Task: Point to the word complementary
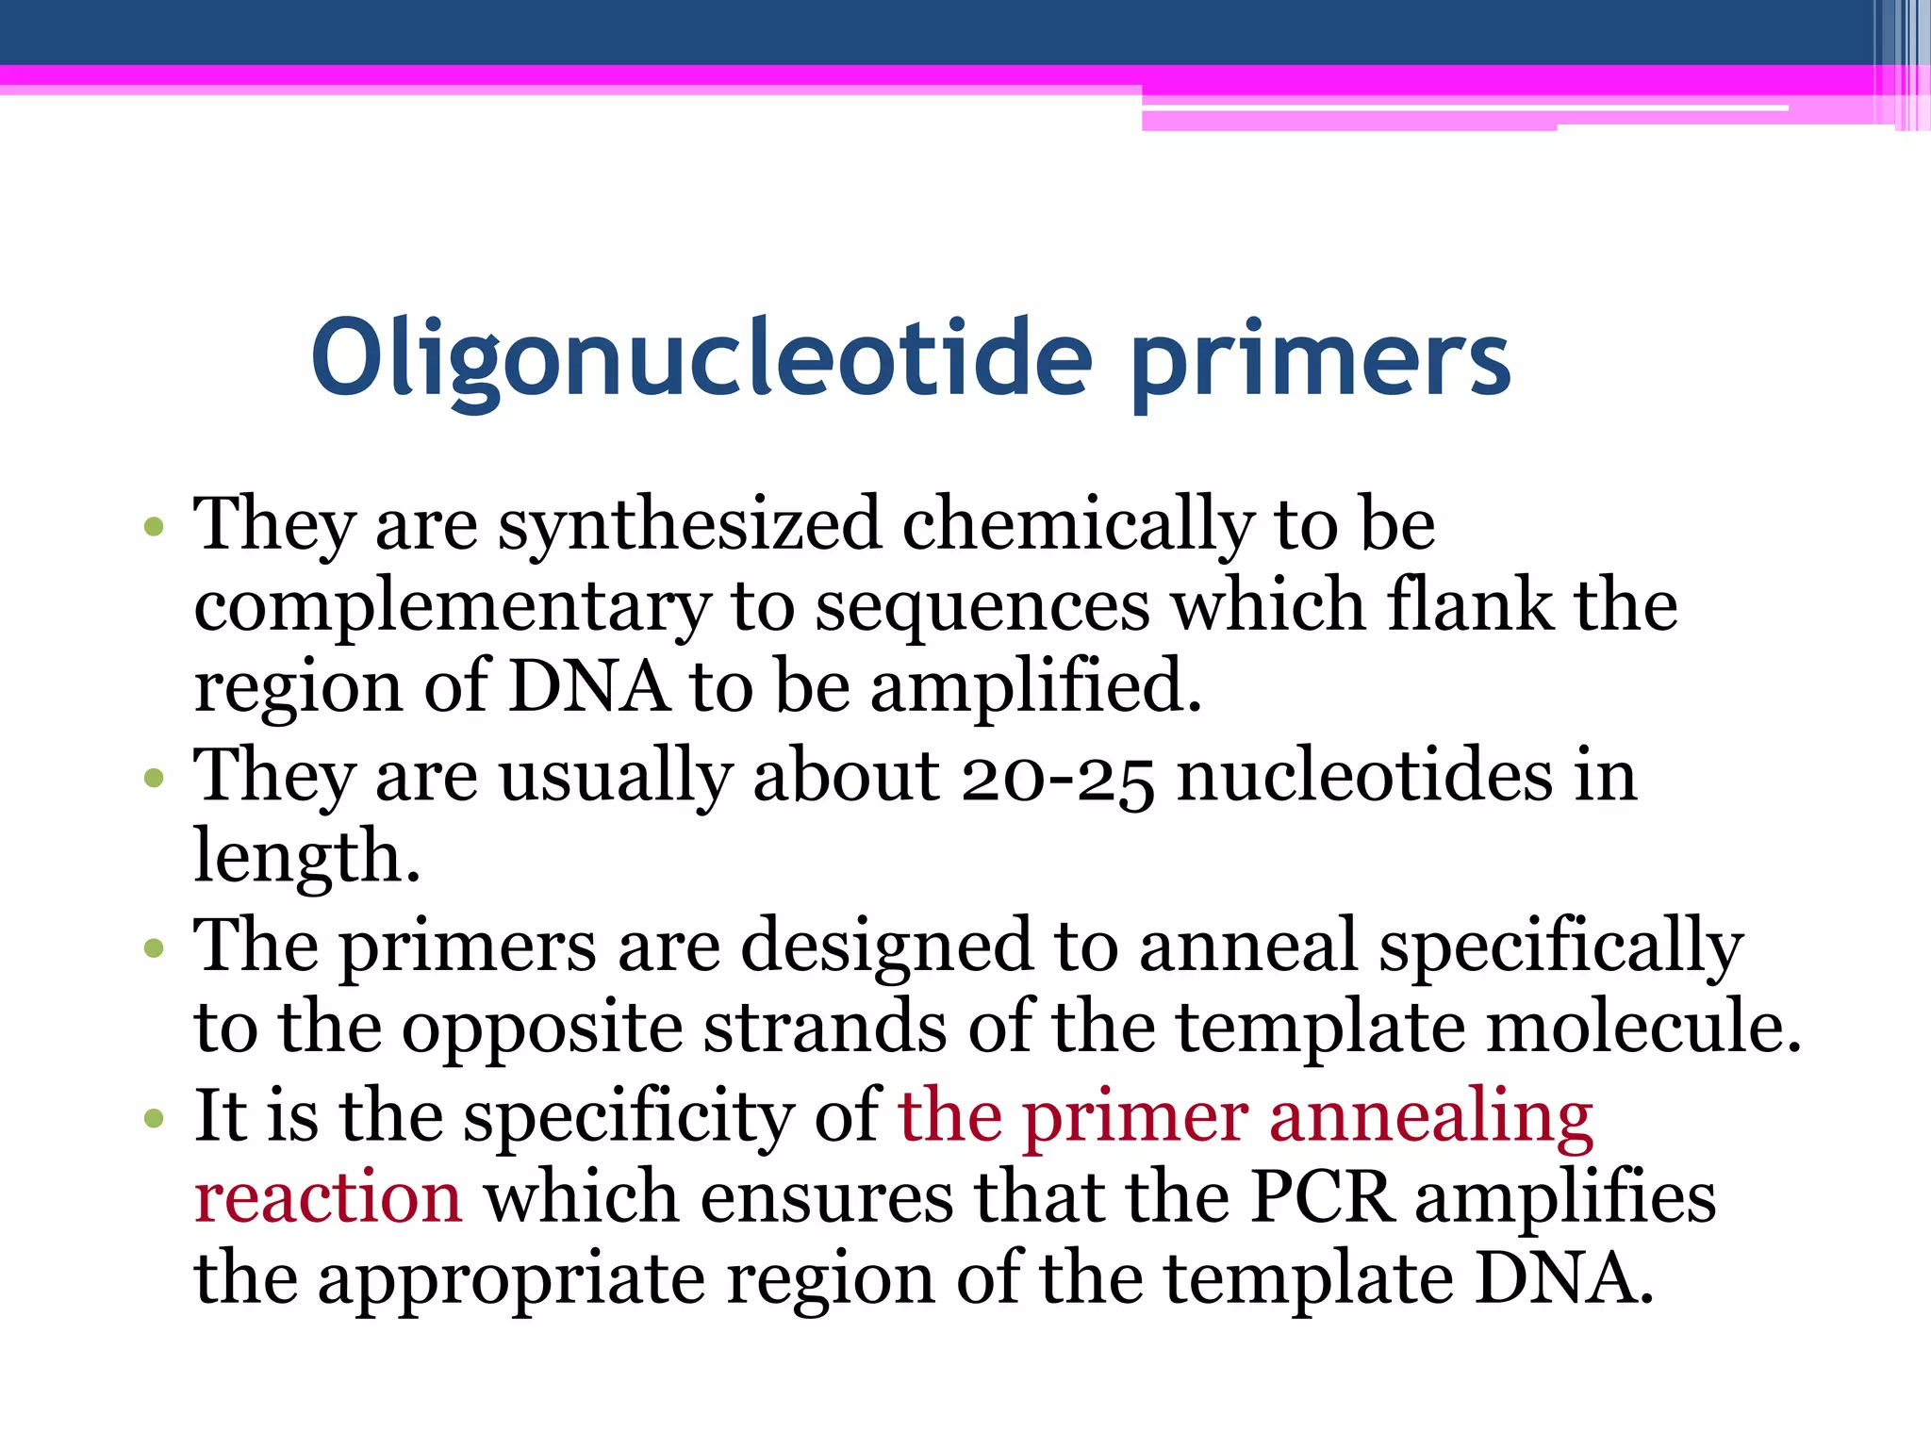[x=452, y=608]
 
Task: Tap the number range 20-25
[x=1057, y=779]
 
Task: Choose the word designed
[x=886, y=946]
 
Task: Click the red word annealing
[x=1430, y=1118]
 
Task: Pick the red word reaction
[x=328, y=1198]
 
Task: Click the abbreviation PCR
[x=1322, y=1197]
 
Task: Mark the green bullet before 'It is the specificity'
[x=155, y=1119]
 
